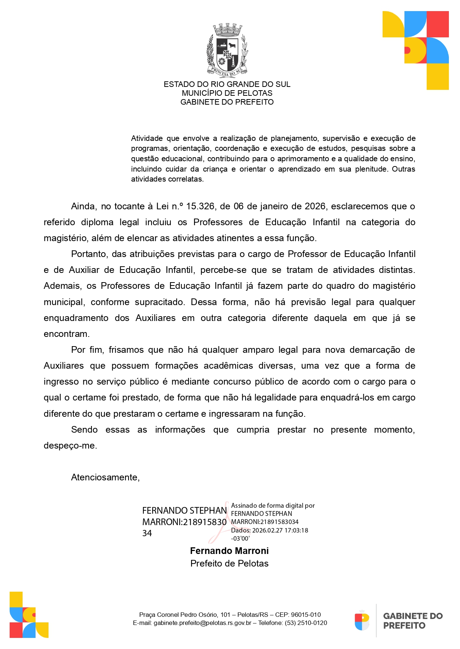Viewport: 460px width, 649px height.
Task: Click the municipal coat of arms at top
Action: [227, 50]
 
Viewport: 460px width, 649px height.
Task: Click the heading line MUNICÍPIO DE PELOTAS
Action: [227, 93]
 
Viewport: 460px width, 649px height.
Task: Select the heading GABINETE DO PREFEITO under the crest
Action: [227, 102]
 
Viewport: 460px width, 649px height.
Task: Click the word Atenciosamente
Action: [105, 477]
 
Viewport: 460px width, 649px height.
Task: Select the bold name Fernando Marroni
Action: [229, 551]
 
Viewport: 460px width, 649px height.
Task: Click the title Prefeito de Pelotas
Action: [229, 563]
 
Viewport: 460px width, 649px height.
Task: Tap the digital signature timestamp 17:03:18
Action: [296, 530]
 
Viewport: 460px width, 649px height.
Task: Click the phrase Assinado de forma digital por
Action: [273, 506]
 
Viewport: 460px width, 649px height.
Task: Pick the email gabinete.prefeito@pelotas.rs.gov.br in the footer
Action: [202, 623]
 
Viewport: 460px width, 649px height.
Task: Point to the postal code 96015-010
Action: [306, 615]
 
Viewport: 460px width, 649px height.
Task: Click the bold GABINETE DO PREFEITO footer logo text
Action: [413, 621]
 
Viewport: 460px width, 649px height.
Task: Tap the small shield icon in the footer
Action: [362, 621]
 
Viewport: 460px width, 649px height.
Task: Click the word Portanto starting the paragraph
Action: [89, 254]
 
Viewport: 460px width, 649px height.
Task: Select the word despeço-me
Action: [70, 446]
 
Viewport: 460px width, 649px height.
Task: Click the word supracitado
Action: [160, 302]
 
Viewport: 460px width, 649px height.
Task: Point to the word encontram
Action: [66, 334]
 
